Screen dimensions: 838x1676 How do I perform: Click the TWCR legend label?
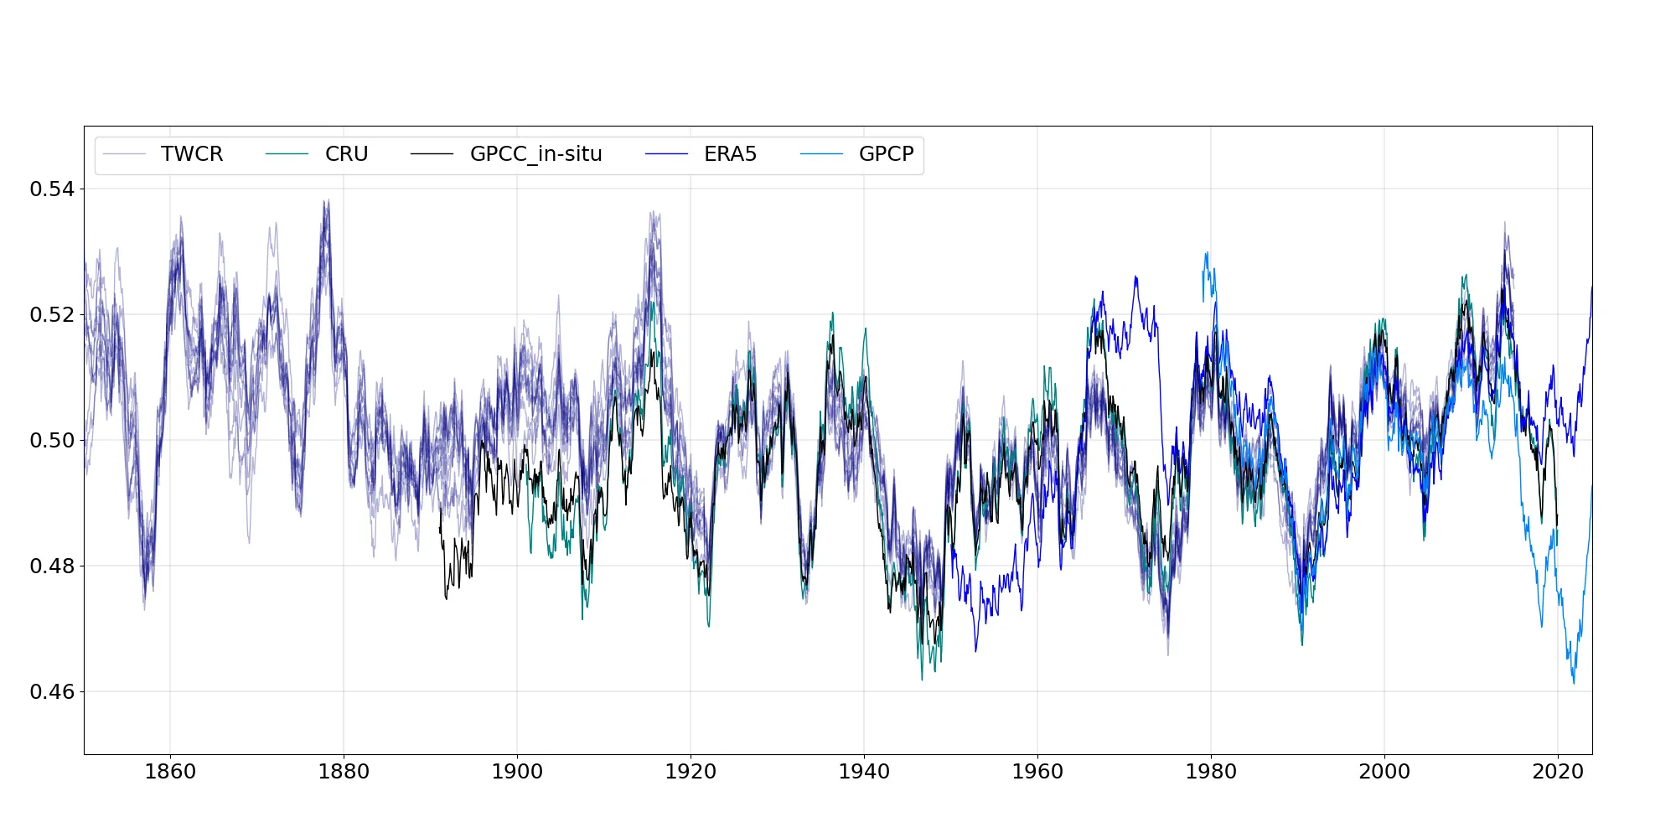coord(192,154)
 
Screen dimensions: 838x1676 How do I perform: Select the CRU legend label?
coord(346,154)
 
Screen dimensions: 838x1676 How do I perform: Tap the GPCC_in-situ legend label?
coord(535,154)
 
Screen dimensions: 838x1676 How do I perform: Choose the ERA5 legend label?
coord(730,154)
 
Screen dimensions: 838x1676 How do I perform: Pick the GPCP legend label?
coord(886,154)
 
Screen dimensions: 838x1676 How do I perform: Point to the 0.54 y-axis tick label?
coord(52,189)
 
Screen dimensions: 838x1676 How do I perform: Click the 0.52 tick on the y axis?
coord(52,315)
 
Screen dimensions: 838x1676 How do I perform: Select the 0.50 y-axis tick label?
coord(52,441)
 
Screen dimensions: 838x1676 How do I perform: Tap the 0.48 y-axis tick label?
coord(52,566)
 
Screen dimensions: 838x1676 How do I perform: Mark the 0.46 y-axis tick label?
coord(52,692)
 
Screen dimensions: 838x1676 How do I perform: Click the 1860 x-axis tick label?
coord(170,772)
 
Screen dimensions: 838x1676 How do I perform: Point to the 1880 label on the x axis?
coord(344,772)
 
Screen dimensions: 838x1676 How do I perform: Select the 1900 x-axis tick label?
coord(517,772)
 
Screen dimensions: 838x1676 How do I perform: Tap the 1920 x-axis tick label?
coord(691,772)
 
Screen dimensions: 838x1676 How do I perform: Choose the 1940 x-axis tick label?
coord(864,772)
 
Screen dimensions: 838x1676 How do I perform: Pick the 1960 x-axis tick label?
coord(1037,772)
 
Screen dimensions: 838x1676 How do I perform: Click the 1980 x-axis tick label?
coord(1211,772)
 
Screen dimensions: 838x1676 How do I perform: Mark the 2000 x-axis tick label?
coord(1384,772)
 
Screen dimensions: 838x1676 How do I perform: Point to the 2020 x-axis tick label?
coord(1558,772)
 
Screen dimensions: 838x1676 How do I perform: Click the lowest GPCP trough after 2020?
coord(1574,683)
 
